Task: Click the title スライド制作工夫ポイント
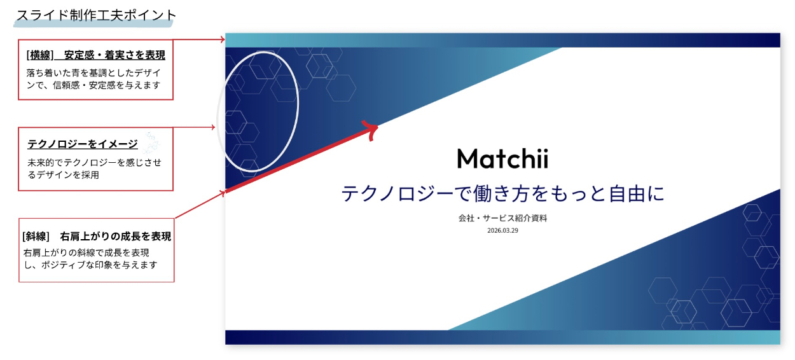pos(96,15)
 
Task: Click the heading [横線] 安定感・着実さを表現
pos(96,55)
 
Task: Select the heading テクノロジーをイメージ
pos(83,144)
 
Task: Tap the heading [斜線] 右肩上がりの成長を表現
pos(97,236)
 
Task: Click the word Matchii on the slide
pos(502,158)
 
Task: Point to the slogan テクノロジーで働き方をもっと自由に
pos(502,193)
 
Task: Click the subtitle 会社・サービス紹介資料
pos(502,218)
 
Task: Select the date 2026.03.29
pos(502,230)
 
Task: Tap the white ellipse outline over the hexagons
pos(298,106)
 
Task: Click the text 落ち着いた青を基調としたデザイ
pos(93,73)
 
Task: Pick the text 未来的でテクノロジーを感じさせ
pos(94,163)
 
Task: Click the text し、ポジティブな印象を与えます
pos(90,265)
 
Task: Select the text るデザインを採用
pos(63,175)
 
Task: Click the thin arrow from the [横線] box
pos(199,39)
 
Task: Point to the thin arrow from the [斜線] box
pos(200,205)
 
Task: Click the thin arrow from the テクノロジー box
pos(194,127)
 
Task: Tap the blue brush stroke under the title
pos(93,24)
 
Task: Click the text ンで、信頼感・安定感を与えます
pos(93,85)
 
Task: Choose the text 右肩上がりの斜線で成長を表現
pos(86,253)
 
